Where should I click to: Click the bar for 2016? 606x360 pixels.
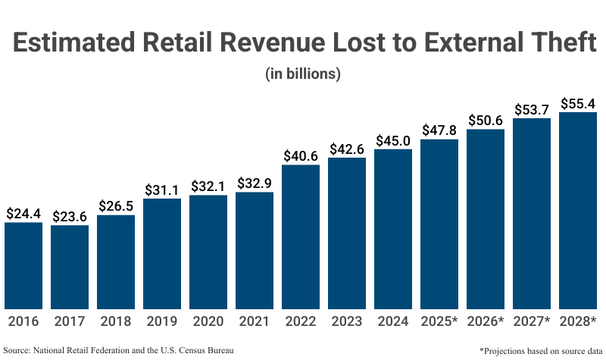[x=23, y=265]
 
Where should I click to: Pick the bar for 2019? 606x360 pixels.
[x=162, y=253]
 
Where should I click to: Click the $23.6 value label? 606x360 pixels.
[x=70, y=216]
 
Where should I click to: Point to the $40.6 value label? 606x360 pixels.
[x=301, y=155]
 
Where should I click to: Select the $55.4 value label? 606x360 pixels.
[x=578, y=103]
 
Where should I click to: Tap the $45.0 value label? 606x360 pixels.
[x=393, y=140]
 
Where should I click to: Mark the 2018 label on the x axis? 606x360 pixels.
[x=116, y=321]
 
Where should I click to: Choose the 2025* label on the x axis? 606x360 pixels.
[x=439, y=321]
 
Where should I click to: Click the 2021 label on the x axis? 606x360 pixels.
[x=255, y=321]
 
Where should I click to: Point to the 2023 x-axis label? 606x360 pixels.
[x=347, y=321]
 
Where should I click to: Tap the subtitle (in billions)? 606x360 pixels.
[x=303, y=74]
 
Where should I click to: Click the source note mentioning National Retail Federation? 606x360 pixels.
[x=118, y=350]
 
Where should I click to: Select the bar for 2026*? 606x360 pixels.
[x=486, y=219]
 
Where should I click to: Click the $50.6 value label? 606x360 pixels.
[x=486, y=120]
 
